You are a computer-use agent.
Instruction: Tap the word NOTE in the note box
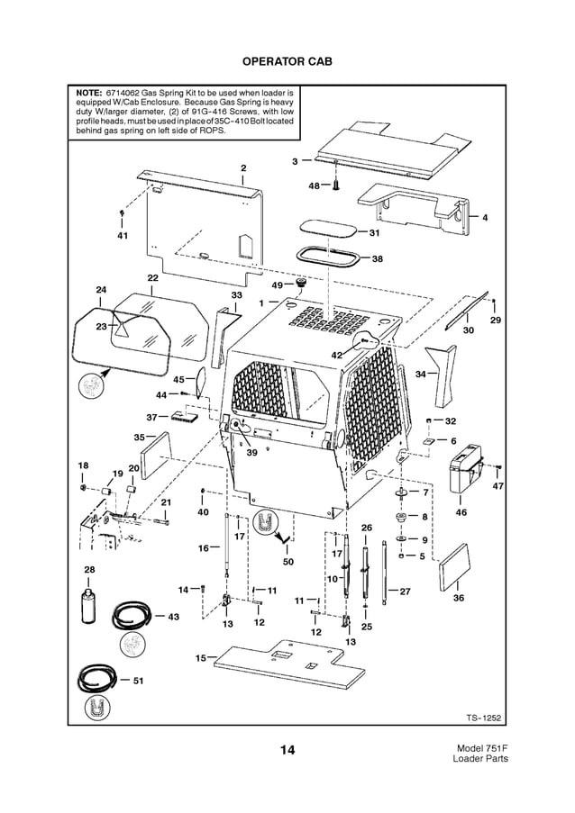(x=87, y=93)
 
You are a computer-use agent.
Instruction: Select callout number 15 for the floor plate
(x=200, y=658)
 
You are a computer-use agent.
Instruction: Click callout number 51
(x=138, y=681)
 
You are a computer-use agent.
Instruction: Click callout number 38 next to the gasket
(x=377, y=258)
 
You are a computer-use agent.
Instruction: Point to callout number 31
(x=374, y=232)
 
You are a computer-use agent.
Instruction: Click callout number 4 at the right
(x=484, y=218)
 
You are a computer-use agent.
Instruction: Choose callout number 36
(x=458, y=598)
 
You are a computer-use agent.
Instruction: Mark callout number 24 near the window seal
(x=101, y=290)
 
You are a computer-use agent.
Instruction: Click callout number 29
(x=495, y=321)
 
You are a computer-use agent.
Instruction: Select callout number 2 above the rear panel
(x=242, y=168)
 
